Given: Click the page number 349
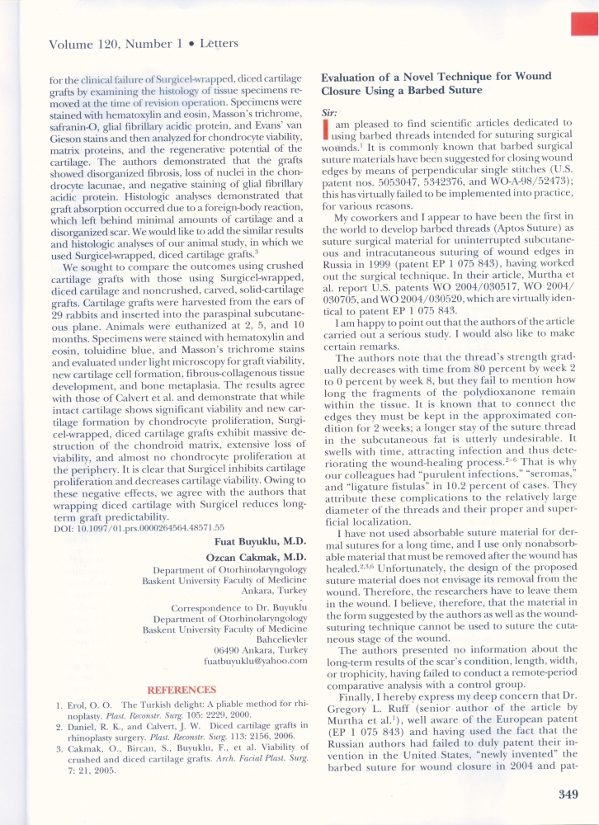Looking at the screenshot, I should pyautogui.click(x=559, y=794).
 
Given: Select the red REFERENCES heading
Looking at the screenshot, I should pyautogui.click(x=182, y=690).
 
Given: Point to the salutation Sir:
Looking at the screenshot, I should pyautogui.click(x=328, y=111).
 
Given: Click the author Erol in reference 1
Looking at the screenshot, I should pyautogui.click(x=69, y=705).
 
